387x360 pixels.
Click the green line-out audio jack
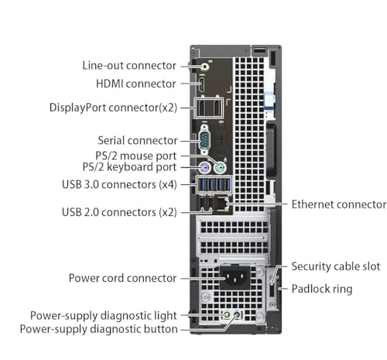pos(204,67)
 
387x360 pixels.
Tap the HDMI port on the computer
pos(201,84)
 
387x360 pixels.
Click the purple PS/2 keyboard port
pos(204,168)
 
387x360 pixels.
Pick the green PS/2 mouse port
pos(220,168)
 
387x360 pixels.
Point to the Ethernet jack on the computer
pos(222,204)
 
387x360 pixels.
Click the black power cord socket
pos(235,278)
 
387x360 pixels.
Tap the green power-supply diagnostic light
pos(226,315)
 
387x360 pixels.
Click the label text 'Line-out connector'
pos(129,66)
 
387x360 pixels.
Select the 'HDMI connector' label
pos(136,84)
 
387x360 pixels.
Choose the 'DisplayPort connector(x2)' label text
pos(113,108)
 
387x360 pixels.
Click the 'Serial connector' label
pos(138,141)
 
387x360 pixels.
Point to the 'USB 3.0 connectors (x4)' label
pos(119,184)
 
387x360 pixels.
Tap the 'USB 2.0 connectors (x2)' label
pos(119,212)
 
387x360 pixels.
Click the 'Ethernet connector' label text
pos(339,204)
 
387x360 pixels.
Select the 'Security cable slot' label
pos(336,266)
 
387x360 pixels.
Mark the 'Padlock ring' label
pos(322,289)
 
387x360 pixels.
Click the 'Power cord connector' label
pos(123,278)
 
